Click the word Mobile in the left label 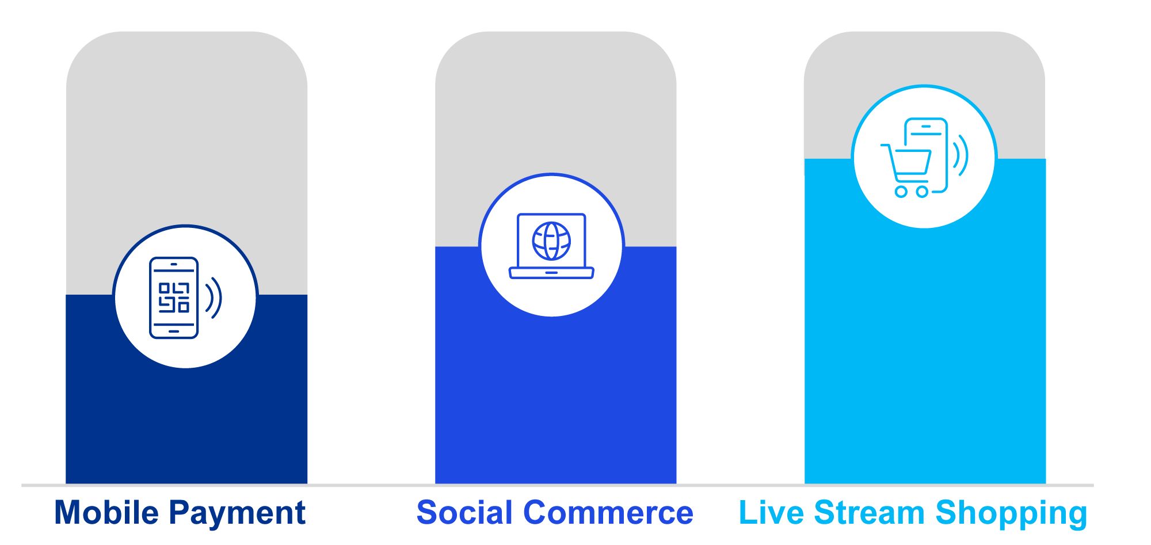tap(106, 512)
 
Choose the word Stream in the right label tap(870, 512)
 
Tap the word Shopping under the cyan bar tap(1011, 513)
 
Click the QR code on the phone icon tap(174, 297)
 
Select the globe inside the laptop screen tap(551, 241)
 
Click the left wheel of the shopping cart tap(901, 192)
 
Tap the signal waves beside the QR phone tap(214, 298)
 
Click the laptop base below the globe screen tap(551, 273)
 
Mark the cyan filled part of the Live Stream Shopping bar tap(925, 357)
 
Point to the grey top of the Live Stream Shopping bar tap(925, 58)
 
